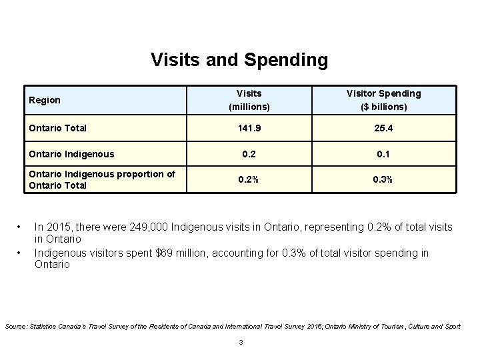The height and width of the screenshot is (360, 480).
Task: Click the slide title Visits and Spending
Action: coord(239,60)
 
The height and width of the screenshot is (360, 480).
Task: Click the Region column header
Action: coord(45,100)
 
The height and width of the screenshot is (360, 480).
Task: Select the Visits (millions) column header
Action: coord(249,100)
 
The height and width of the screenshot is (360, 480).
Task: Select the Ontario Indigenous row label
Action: coord(71,154)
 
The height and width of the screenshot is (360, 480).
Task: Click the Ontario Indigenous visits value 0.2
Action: coord(249,154)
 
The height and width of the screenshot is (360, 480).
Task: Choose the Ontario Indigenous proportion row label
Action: coord(101,179)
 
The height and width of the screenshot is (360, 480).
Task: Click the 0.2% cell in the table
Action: coord(249,180)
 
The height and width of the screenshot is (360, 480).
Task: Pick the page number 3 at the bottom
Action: coord(239,343)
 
